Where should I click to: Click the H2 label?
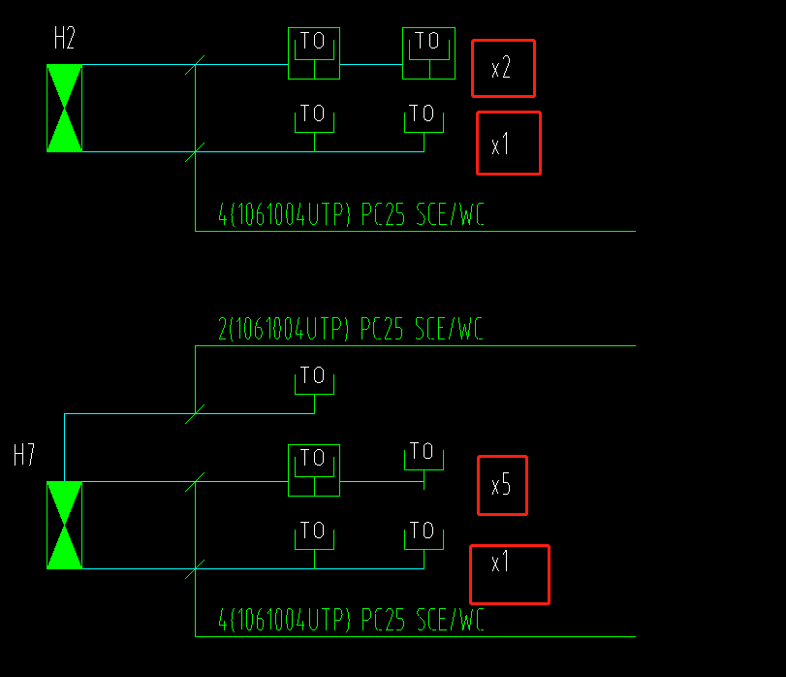tap(65, 40)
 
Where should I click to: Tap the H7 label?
tap(24, 456)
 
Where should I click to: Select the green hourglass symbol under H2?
tap(65, 109)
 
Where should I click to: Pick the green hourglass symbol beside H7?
tap(65, 525)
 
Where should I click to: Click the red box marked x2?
tap(503, 68)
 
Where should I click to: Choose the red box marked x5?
tap(502, 485)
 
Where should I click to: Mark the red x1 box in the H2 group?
tap(508, 144)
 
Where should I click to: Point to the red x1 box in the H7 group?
tap(509, 574)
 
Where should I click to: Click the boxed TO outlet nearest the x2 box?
tap(427, 53)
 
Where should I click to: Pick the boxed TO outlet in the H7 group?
tap(314, 470)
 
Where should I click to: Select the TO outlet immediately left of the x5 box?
tap(423, 458)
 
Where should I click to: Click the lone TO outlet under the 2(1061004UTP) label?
tap(314, 381)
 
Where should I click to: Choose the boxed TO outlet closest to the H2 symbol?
tap(314, 53)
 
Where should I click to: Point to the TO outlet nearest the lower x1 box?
tap(424, 537)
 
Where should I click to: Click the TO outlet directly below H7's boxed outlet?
tap(314, 537)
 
